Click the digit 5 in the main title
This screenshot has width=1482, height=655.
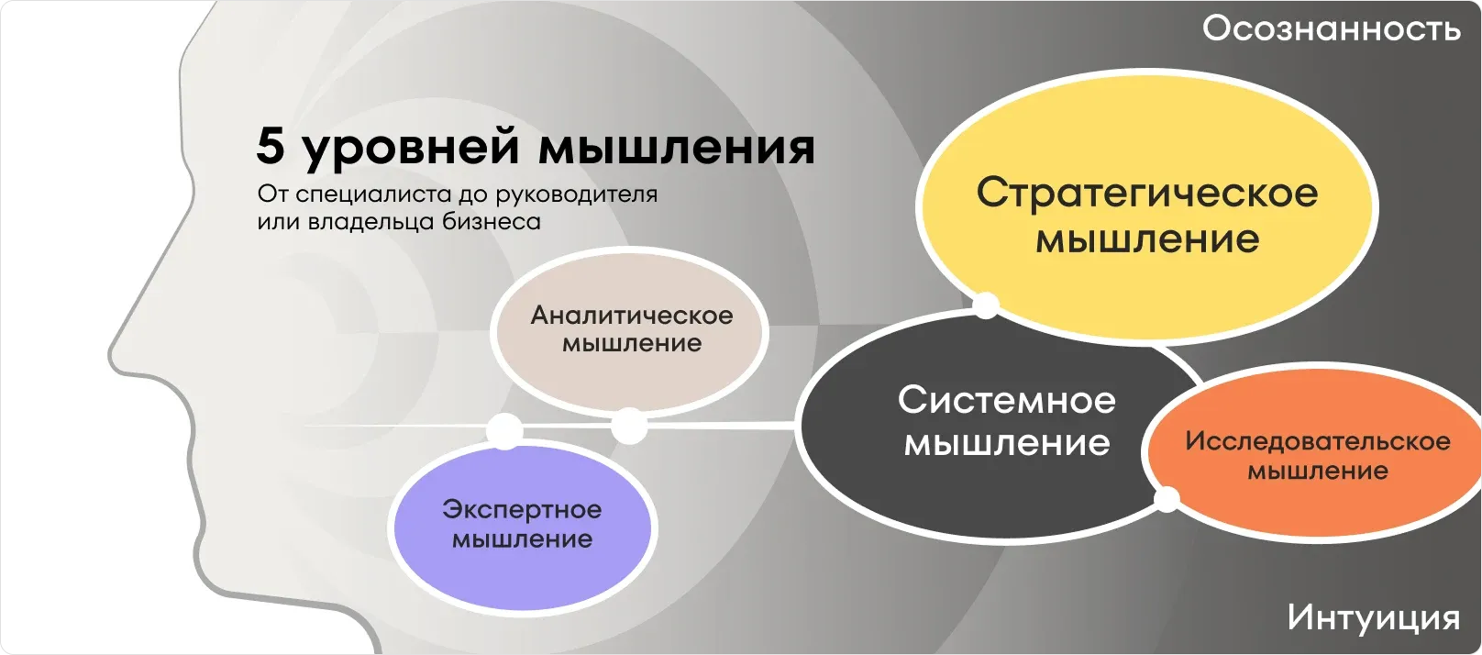point(270,146)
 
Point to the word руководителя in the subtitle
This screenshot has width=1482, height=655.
point(576,195)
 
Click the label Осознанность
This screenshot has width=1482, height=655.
point(1332,29)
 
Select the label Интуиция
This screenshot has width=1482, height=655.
point(1374,617)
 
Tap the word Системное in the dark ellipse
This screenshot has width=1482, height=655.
point(1006,400)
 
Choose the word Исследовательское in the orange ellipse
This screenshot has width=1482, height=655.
point(1318,441)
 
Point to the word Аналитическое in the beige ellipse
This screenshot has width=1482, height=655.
point(632,316)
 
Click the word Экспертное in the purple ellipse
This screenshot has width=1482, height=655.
point(522,510)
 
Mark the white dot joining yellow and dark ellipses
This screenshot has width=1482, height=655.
point(986,305)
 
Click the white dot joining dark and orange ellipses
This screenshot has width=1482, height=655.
point(1167,500)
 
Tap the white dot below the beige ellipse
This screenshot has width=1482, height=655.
point(628,427)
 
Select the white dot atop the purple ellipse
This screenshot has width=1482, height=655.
point(504,431)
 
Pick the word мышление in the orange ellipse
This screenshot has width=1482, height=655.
point(1317,472)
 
